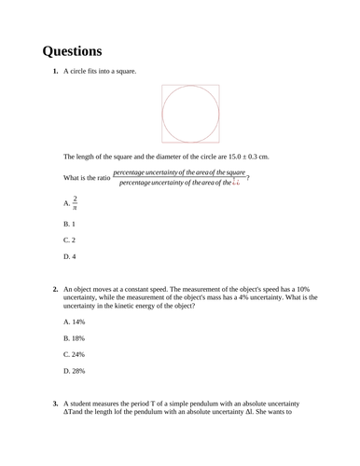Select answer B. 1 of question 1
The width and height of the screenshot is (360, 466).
tap(69, 225)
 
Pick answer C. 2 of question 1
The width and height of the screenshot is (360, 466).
tap(69, 240)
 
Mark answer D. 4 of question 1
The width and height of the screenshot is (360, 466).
tap(69, 256)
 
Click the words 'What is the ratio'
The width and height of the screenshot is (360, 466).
tap(86, 178)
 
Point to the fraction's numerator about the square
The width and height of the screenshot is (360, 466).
tap(179, 172)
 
